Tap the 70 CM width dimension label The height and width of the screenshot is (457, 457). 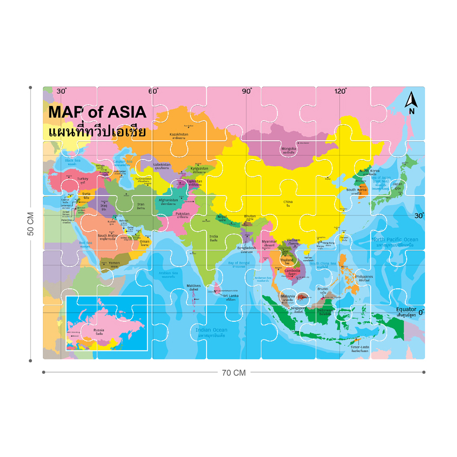(x=234, y=372)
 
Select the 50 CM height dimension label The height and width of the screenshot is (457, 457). (x=31, y=224)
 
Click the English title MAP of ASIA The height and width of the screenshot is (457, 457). (x=97, y=112)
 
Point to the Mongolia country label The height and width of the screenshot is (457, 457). (x=288, y=149)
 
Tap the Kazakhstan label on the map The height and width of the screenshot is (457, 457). (x=179, y=134)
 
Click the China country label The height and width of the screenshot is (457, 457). (x=288, y=202)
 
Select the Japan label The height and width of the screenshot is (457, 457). (x=398, y=185)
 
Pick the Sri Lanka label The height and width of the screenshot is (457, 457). (x=230, y=296)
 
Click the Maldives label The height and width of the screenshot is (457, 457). (x=194, y=286)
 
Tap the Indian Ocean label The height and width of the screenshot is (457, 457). (x=211, y=330)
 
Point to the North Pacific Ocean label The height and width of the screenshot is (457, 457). (x=394, y=239)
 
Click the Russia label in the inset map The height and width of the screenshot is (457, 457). (x=99, y=329)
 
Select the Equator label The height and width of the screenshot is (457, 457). (x=406, y=309)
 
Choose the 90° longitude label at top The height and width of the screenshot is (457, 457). (x=247, y=91)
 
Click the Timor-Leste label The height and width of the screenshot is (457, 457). (x=360, y=347)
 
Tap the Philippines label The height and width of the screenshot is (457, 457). (x=364, y=276)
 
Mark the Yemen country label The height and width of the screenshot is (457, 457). (x=114, y=263)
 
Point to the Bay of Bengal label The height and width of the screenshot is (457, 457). (x=239, y=263)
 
